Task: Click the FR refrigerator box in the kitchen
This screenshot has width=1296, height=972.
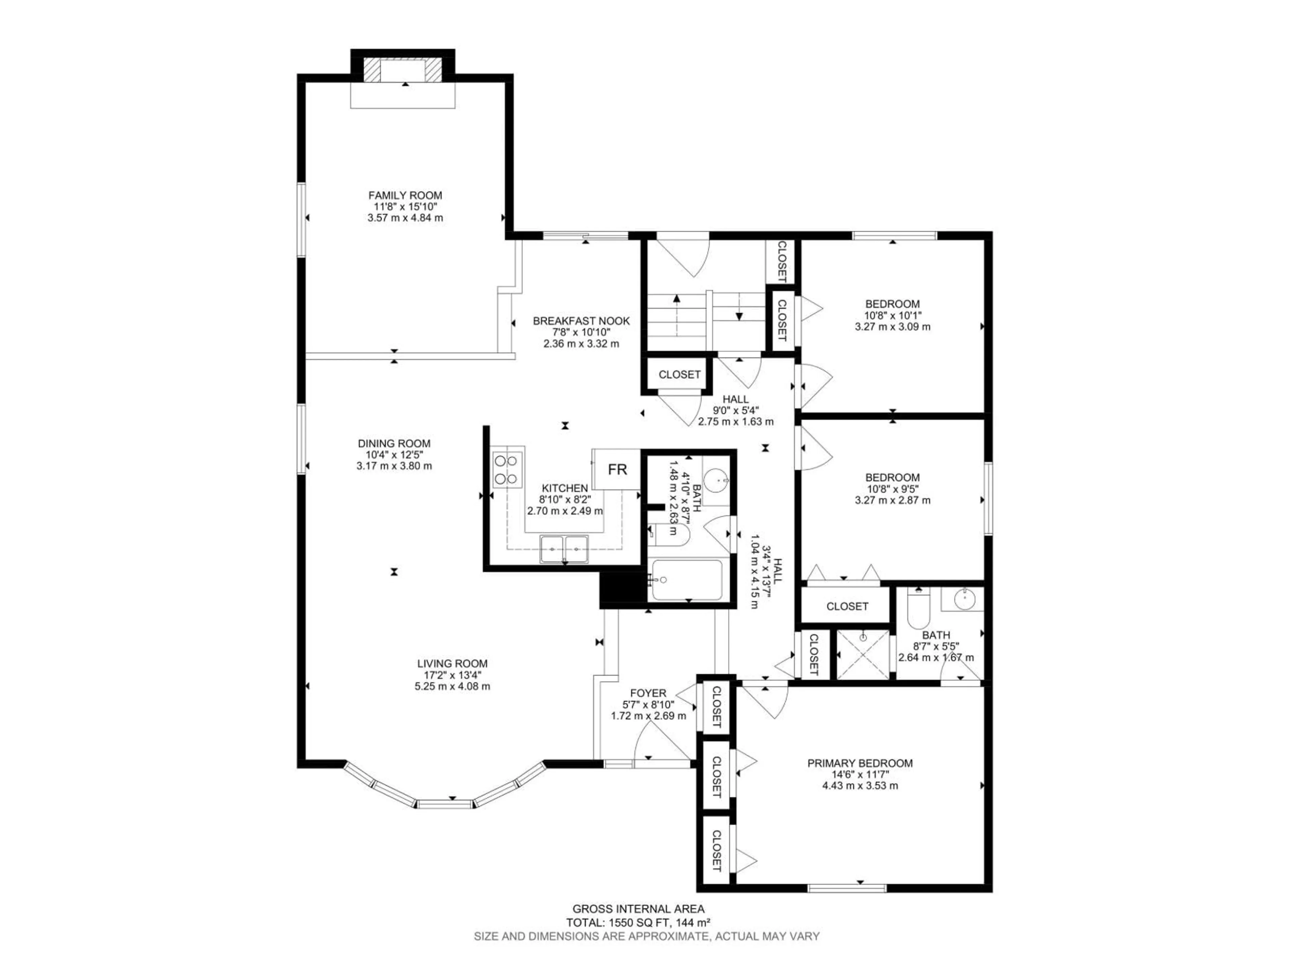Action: point(617,469)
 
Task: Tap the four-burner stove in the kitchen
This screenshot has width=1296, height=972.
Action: point(507,469)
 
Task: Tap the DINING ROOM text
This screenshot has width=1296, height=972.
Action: point(394,443)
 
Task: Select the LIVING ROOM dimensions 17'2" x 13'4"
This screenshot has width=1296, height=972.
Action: point(452,675)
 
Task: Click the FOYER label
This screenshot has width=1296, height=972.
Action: point(648,693)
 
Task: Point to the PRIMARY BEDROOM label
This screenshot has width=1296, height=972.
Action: point(860,763)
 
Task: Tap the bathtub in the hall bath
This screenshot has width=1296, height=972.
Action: point(687,580)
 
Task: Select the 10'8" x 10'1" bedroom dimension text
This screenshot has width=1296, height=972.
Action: point(892,315)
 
